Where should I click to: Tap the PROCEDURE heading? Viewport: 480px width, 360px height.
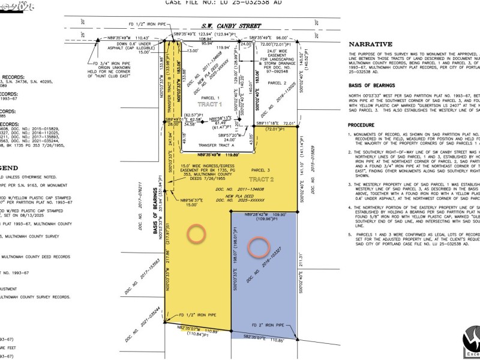tap(365, 125)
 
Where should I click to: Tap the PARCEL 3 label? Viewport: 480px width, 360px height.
tap(261, 171)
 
